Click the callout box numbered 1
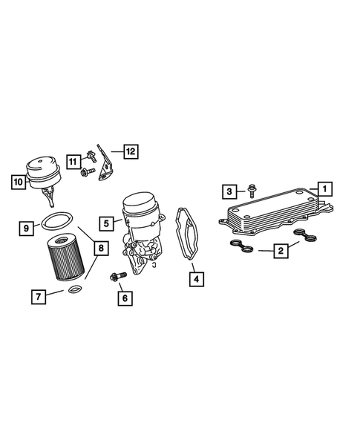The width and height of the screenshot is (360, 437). click(323, 188)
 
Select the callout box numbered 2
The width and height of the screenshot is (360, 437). click(281, 252)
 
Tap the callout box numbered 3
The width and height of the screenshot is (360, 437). click(230, 192)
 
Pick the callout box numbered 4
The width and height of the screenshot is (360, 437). click(196, 280)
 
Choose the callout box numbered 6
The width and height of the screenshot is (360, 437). click(125, 298)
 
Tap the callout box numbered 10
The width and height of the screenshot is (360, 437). click(17, 180)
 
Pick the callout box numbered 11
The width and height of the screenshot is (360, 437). click(73, 161)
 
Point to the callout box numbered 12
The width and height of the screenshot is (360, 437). click(130, 151)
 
